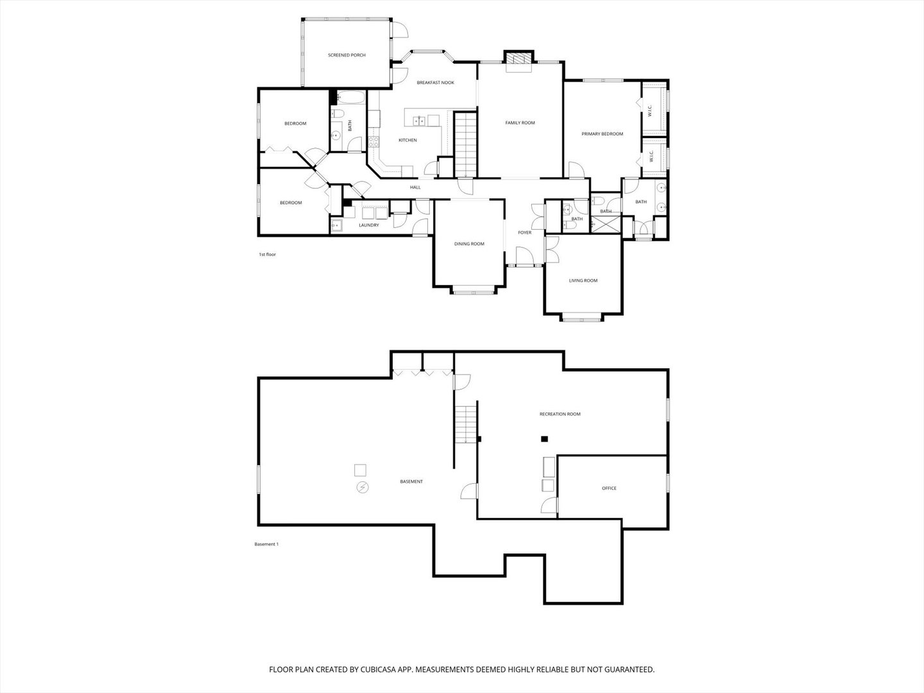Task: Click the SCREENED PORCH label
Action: coord(346,55)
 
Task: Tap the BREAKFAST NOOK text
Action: coord(435,83)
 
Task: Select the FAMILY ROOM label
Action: coord(520,123)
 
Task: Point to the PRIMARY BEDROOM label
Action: coord(602,134)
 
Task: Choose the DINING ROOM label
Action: coord(469,244)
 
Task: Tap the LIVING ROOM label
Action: coord(583,280)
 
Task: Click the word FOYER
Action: coord(524,232)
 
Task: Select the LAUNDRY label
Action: coord(369,225)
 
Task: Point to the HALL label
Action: coord(415,187)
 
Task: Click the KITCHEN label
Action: coord(407,140)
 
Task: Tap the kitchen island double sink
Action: coord(419,121)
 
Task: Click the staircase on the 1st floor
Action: coord(466,144)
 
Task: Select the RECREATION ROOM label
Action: coord(560,414)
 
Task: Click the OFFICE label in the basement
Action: coord(609,488)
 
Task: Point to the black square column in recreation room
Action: coord(544,439)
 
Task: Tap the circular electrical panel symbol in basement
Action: coord(363,487)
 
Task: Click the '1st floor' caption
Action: coord(268,254)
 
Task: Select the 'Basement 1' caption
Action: coord(266,544)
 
